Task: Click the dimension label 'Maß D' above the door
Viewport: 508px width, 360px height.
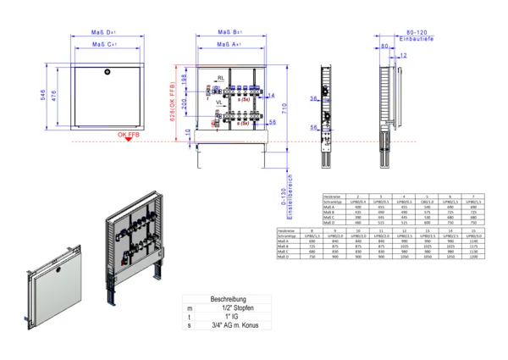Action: tap(103, 32)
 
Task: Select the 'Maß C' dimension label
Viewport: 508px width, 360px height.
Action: tap(103, 42)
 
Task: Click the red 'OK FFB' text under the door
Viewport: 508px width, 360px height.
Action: tap(128, 135)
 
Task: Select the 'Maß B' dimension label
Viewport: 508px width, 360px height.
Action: tap(229, 32)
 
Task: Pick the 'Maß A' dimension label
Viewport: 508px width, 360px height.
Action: tap(229, 42)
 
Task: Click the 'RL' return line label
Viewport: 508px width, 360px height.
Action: tap(220, 78)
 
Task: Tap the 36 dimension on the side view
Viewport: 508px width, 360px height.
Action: tap(312, 99)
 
